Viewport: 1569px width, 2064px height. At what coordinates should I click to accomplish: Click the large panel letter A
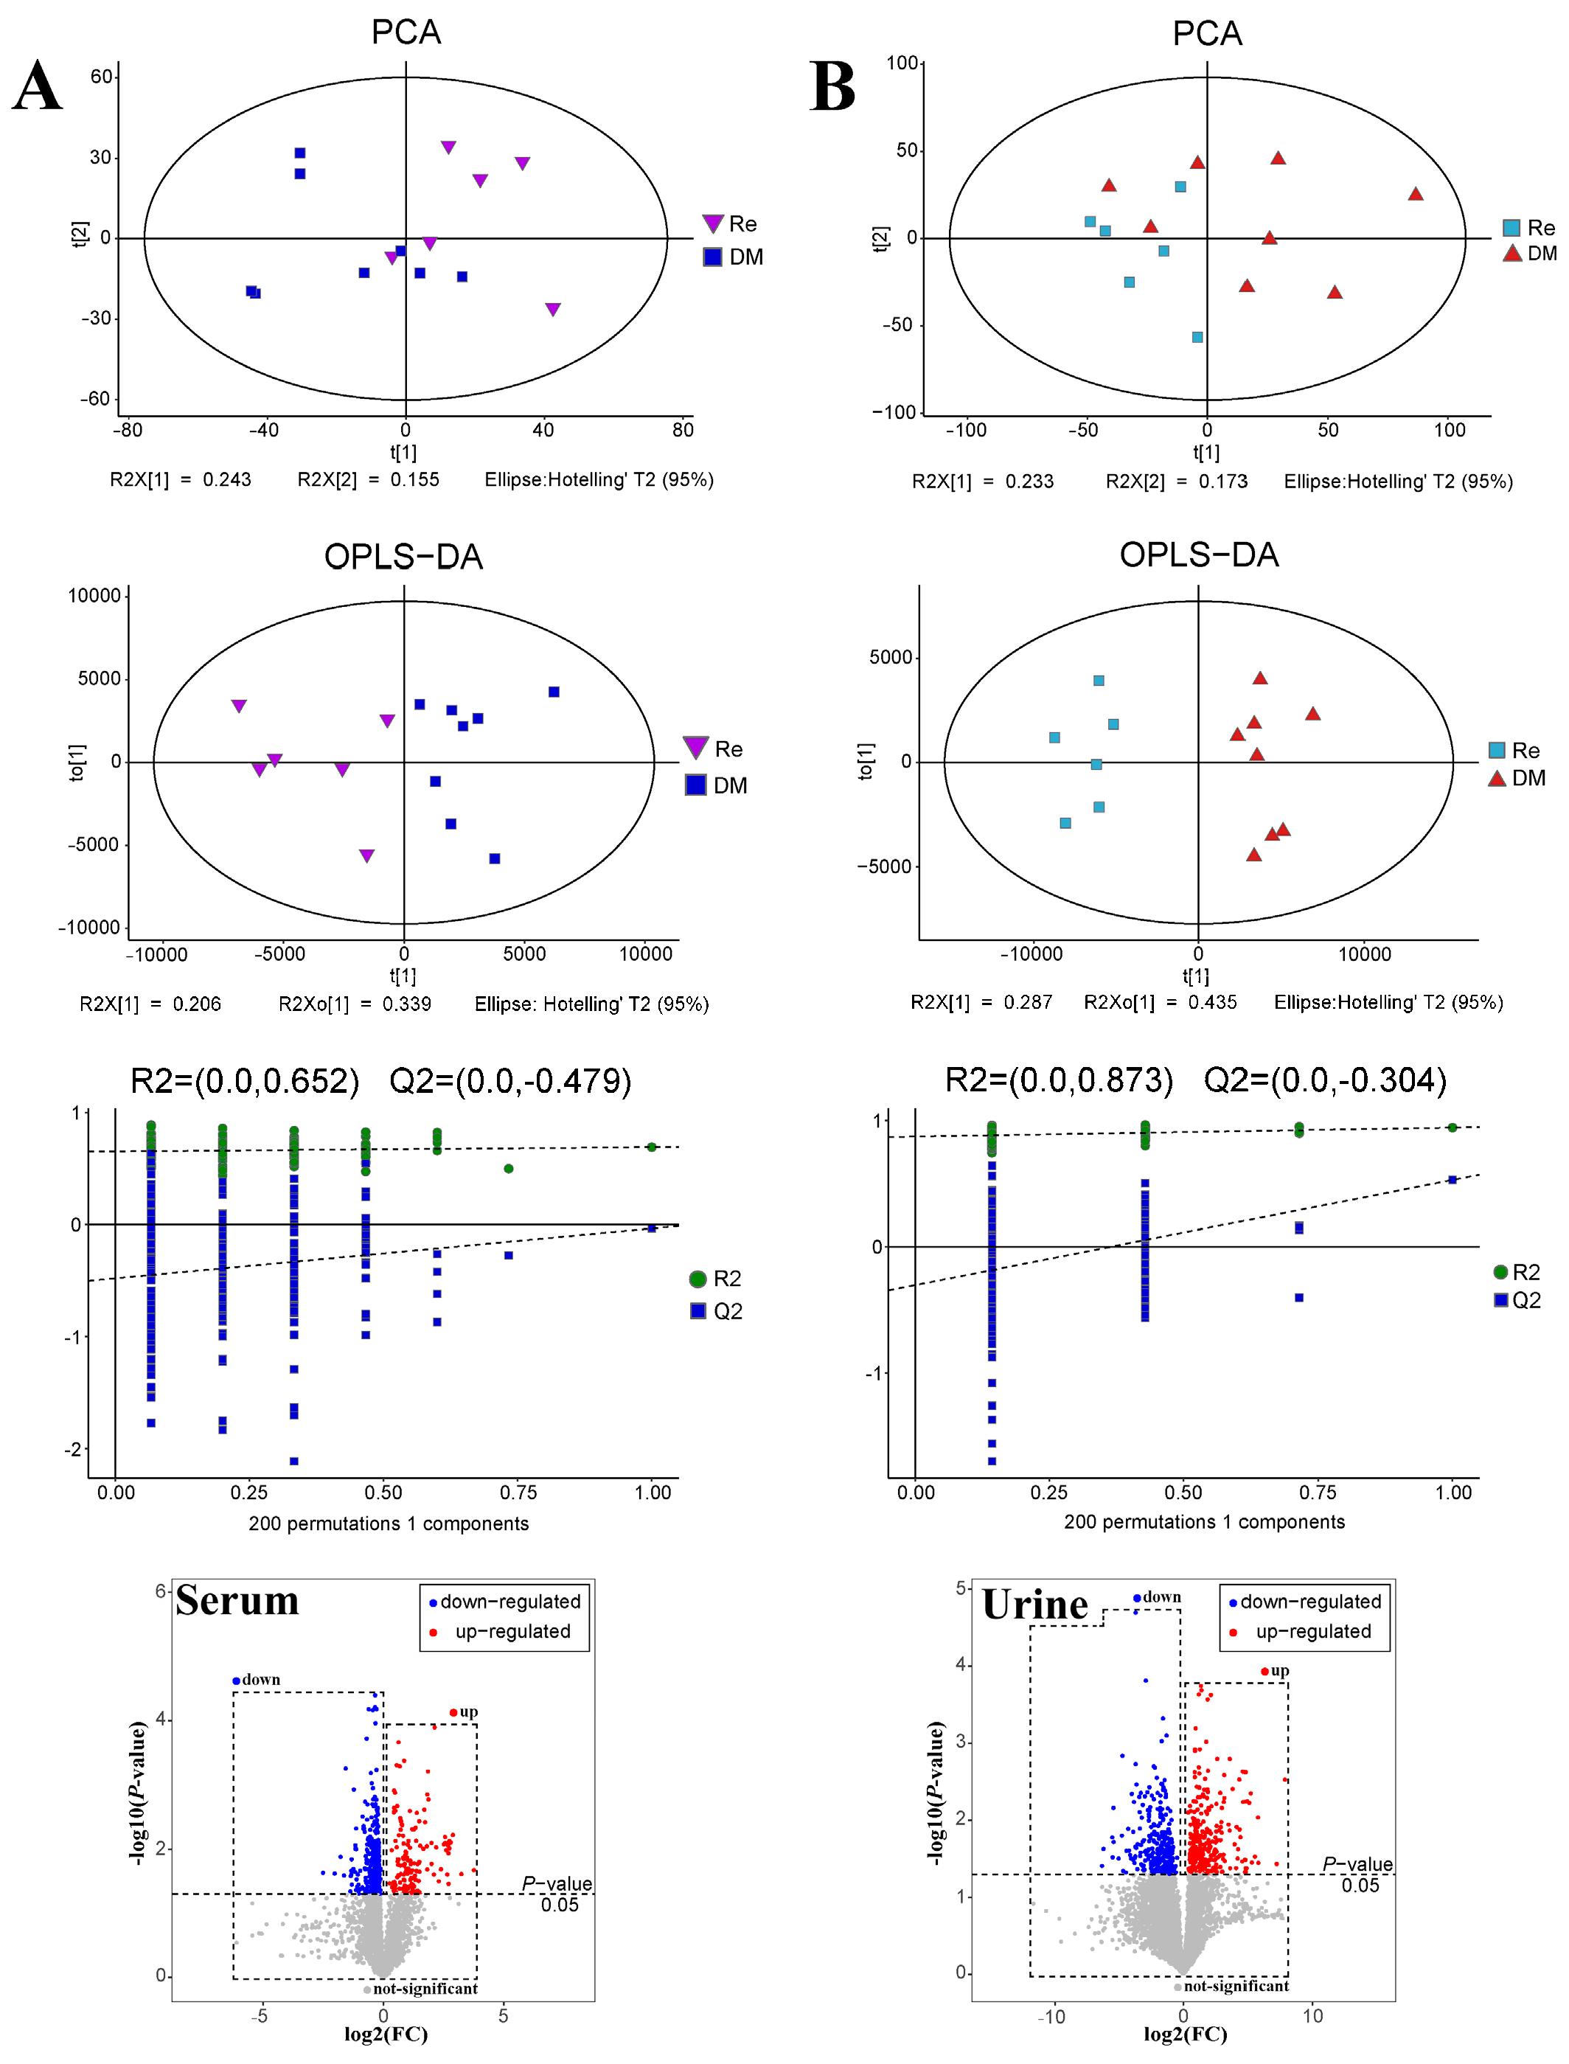pyautogui.click(x=38, y=86)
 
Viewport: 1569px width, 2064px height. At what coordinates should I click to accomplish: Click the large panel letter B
pyautogui.click(x=832, y=86)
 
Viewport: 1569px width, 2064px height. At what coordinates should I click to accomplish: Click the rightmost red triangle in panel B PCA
pyautogui.click(x=1415, y=194)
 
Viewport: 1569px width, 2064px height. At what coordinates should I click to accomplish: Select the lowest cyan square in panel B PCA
pyautogui.click(x=1197, y=337)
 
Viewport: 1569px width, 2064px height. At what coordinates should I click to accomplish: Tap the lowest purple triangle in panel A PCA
pyautogui.click(x=553, y=309)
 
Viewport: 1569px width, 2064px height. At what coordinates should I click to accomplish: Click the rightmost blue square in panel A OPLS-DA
pyautogui.click(x=554, y=692)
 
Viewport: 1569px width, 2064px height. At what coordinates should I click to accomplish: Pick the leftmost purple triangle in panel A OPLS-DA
pyautogui.click(x=239, y=706)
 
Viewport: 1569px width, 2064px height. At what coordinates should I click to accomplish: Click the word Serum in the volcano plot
pyautogui.click(x=237, y=1600)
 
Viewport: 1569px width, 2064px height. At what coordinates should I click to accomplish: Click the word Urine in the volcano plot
pyautogui.click(x=1034, y=1605)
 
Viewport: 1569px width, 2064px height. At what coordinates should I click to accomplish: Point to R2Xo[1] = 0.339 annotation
pyautogui.click(x=355, y=1004)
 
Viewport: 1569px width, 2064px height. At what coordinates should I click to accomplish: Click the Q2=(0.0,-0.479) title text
pyautogui.click(x=510, y=1080)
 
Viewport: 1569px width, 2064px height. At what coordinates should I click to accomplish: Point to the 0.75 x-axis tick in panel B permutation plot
pyautogui.click(x=1317, y=1493)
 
